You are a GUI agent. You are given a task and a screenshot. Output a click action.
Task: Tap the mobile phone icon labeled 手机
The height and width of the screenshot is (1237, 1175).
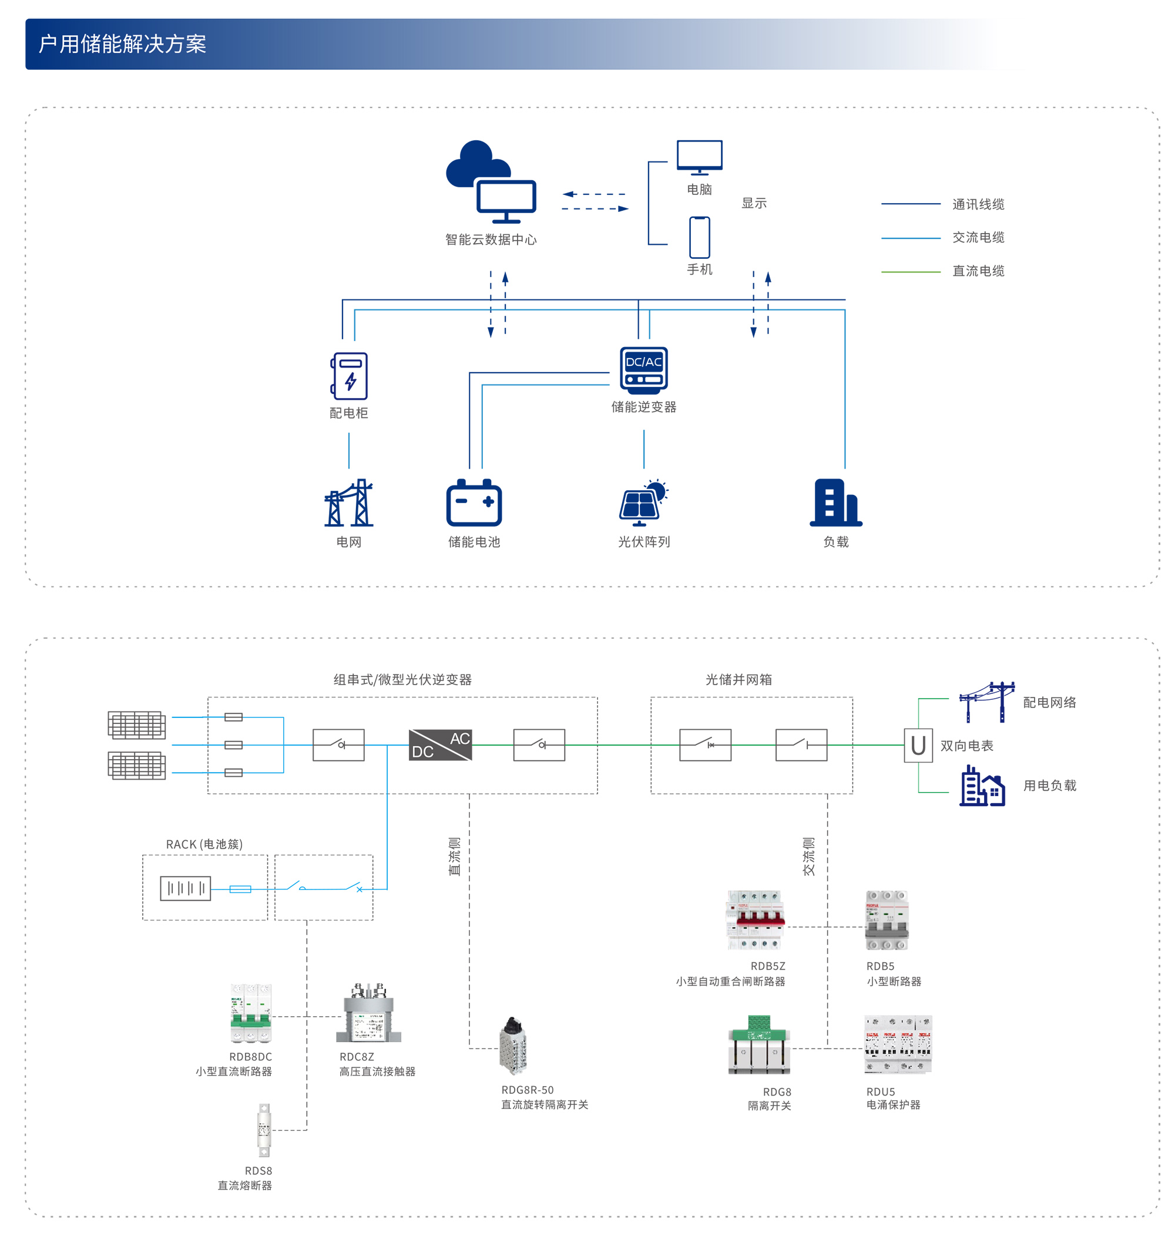tap(699, 237)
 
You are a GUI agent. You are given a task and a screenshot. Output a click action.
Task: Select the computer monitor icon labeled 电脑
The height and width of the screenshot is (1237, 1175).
tap(699, 157)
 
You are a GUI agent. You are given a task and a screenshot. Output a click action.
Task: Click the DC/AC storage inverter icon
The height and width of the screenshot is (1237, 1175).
tap(643, 370)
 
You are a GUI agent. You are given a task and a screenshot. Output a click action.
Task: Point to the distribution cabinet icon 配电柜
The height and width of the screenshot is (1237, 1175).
tap(349, 376)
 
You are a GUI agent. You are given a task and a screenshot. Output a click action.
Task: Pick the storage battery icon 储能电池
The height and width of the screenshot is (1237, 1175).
tap(474, 503)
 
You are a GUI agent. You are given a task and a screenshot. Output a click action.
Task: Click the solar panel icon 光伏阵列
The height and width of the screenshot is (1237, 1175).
tap(643, 503)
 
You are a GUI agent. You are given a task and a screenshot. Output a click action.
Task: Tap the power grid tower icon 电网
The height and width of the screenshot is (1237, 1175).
tap(348, 503)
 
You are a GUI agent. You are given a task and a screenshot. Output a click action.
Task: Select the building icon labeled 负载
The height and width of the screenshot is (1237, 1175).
tap(835, 503)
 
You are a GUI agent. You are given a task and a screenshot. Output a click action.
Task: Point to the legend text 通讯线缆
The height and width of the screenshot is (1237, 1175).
tap(978, 204)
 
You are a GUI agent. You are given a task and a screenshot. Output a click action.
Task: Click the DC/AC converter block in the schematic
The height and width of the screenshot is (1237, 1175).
tap(439, 744)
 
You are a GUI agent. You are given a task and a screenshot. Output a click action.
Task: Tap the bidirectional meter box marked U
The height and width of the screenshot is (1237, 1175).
tap(918, 745)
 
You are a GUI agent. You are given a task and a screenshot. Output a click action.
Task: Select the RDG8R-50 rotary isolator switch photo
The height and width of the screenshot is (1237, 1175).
tap(513, 1046)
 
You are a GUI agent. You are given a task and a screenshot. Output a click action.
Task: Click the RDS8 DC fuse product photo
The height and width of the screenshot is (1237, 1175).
tap(264, 1130)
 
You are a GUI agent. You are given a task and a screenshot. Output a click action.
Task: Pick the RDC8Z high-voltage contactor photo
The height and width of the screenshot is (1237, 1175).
tap(369, 1013)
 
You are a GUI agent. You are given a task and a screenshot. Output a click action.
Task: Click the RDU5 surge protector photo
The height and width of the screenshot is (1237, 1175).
tap(898, 1044)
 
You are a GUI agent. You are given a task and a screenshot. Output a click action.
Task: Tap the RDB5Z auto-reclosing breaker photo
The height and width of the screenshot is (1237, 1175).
tap(755, 919)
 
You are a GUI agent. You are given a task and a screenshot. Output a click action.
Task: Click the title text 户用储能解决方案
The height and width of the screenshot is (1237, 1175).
tap(122, 44)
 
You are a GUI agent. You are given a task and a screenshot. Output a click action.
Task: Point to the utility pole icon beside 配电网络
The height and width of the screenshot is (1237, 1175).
tap(986, 702)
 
